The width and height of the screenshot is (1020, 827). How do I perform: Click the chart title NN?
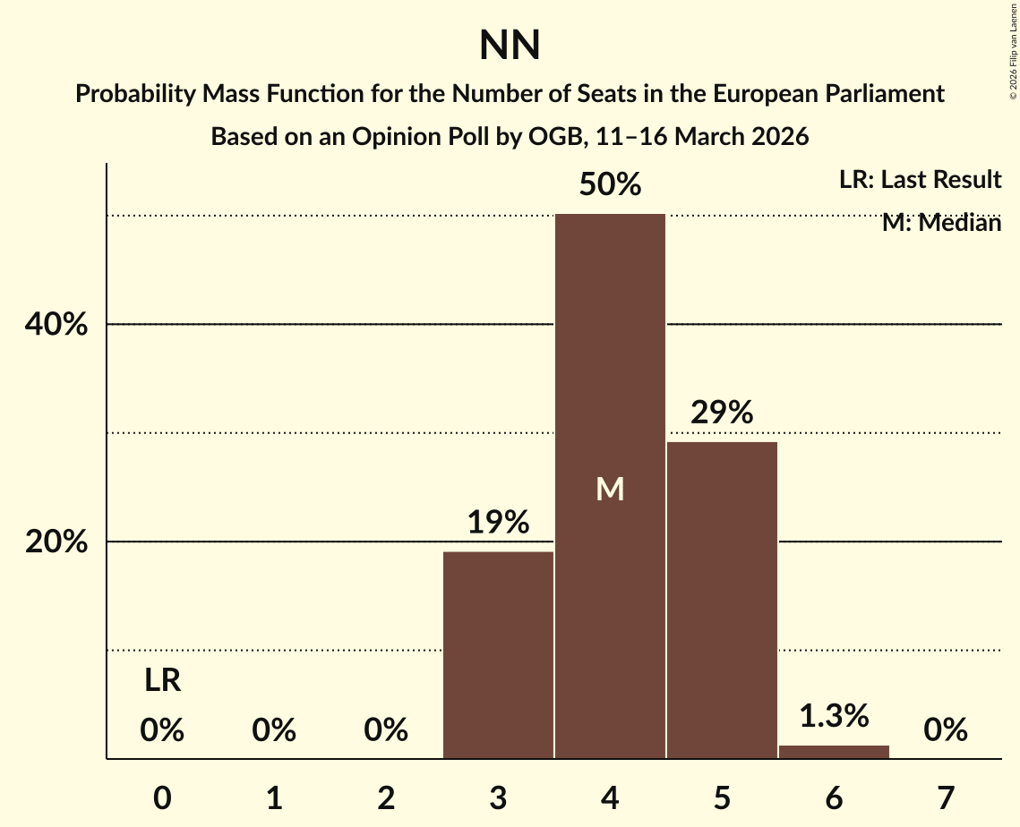point(510,47)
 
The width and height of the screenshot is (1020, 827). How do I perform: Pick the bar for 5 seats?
point(722,600)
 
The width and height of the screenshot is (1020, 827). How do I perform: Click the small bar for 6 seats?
point(834,752)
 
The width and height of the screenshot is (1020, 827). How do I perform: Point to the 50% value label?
point(610,185)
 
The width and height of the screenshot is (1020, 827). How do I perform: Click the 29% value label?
point(722,413)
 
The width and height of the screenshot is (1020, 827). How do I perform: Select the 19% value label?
point(498,523)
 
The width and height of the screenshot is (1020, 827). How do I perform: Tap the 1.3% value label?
point(834,716)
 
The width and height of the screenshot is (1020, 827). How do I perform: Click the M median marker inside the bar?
point(610,489)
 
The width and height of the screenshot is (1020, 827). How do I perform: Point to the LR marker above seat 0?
point(162,681)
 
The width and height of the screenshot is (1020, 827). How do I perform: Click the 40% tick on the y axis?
point(56,325)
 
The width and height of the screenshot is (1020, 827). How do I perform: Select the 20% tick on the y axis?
point(56,542)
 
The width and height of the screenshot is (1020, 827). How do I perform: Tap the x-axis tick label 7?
point(946,797)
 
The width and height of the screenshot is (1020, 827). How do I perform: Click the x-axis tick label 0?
point(162,797)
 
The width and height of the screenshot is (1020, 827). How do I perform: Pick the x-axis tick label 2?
point(386,797)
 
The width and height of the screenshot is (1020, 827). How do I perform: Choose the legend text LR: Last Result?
point(920,180)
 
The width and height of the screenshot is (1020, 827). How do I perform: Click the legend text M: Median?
point(941,223)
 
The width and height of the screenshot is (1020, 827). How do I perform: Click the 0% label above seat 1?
point(274,731)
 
